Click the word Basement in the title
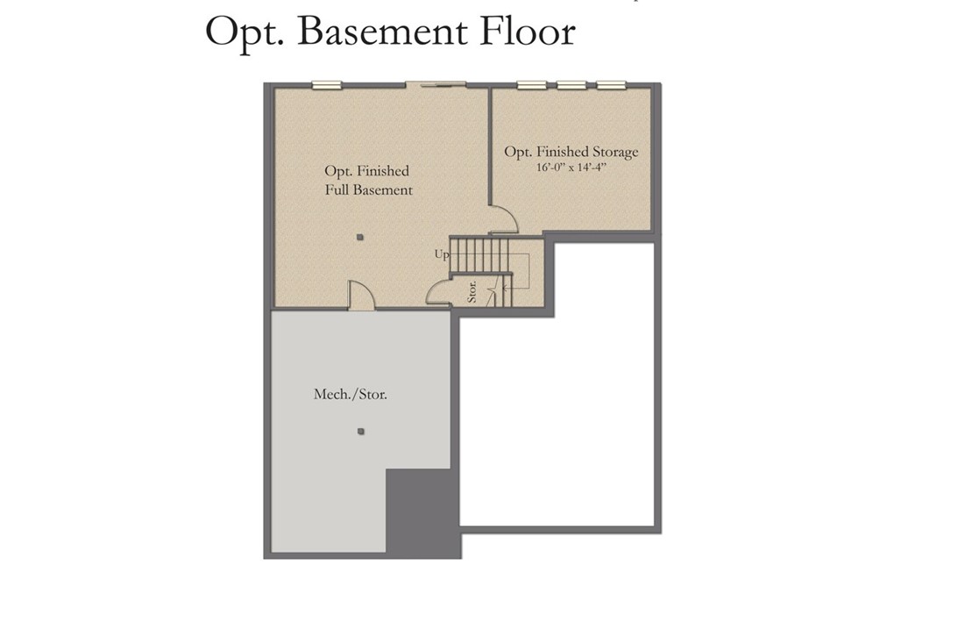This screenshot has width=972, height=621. tap(382, 32)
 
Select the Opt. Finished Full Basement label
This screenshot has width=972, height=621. tap(368, 180)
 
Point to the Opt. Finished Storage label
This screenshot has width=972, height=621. tap(571, 152)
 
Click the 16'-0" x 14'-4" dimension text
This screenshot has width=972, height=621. tap(571, 167)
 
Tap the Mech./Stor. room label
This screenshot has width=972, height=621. tap(351, 395)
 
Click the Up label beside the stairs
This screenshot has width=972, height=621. tap(441, 254)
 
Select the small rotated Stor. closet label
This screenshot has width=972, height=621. tap(472, 291)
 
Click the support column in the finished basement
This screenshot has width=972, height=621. tap(359, 237)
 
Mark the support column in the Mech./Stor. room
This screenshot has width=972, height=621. tap(360, 431)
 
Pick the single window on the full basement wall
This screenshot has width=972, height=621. tap(326, 85)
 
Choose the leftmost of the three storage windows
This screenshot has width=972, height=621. tap(531, 85)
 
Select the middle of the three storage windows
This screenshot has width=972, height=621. tap(571, 85)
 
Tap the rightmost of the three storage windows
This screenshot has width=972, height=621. tap(611, 85)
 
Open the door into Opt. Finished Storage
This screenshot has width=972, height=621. tap(502, 218)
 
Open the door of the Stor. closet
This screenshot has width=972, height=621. tap(437, 293)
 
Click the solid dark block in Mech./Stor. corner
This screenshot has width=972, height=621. tap(422, 511)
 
